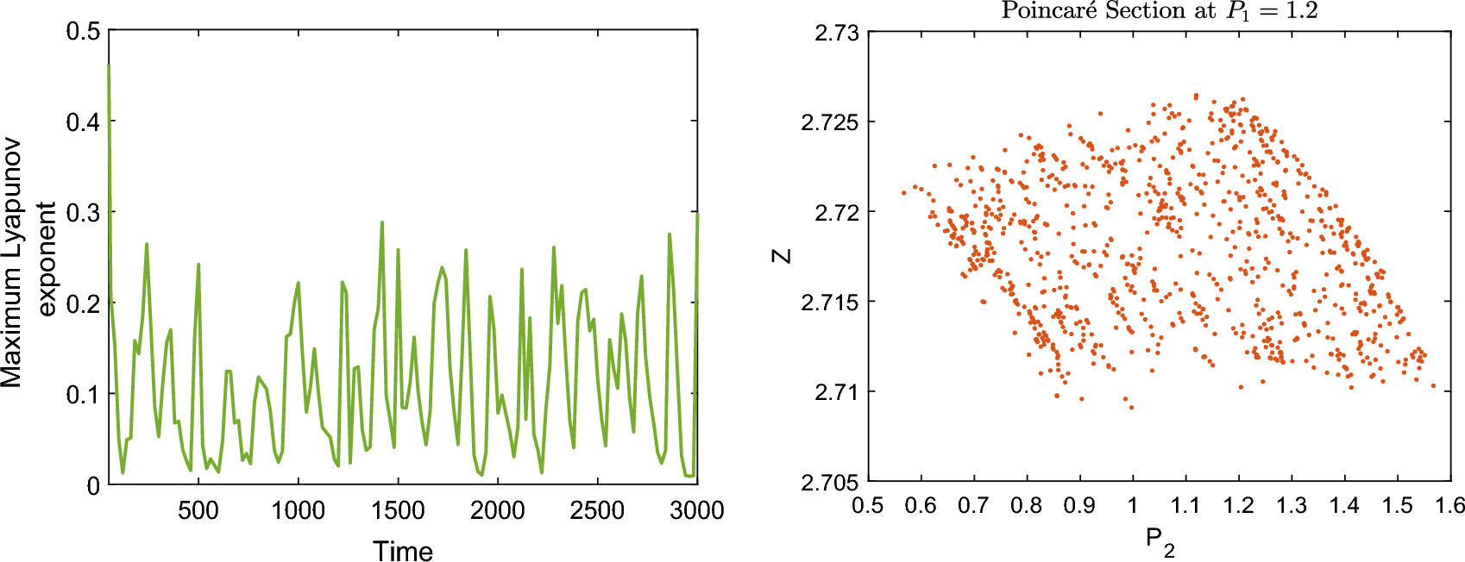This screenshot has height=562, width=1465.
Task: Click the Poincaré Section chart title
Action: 1159,11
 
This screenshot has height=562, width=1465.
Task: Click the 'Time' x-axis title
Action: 402,550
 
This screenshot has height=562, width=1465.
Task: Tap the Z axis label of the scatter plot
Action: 782,256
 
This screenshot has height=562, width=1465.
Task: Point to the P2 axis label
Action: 1159,541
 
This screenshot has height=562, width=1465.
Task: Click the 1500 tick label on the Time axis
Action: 398,510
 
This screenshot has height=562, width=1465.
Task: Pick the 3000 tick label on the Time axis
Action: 696,510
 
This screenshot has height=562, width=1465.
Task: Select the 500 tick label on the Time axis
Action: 198,510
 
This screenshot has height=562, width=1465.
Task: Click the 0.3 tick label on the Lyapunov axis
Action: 84,213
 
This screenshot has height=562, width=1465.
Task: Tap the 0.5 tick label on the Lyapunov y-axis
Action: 84,32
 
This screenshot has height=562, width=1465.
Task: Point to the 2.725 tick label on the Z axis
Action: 831,122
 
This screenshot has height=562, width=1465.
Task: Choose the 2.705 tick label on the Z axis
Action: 831,482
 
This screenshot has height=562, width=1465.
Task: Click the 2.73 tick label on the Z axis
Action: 837,33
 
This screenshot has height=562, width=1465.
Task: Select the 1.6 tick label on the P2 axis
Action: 1449,505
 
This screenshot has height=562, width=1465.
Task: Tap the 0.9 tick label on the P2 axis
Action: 1079,505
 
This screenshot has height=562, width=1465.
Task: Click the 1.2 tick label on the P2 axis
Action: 1238,505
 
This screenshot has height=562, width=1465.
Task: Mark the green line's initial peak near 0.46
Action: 109,66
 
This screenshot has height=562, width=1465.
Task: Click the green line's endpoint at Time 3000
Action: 697,214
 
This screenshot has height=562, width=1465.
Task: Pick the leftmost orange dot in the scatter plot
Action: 904,192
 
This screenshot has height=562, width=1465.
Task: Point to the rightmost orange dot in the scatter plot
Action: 1434,386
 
